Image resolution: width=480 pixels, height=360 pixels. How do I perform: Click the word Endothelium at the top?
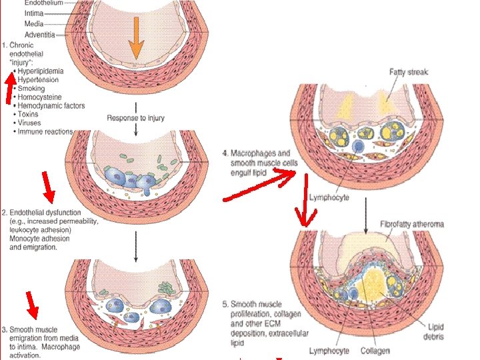click(43, 3)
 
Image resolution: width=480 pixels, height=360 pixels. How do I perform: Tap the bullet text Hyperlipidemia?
click(41, 70)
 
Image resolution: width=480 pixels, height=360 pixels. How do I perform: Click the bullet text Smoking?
click(32, 88)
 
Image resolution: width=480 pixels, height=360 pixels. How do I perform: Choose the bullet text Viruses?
click(29, 123)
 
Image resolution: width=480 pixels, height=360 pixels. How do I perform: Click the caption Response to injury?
click(135, 119)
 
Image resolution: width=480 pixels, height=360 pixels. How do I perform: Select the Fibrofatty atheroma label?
click(411, 224)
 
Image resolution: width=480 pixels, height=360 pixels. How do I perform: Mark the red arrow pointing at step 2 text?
click(47, 187)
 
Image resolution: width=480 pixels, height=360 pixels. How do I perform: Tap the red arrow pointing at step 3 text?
click(31, 305)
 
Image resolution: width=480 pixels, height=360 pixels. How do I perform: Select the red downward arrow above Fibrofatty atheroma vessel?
click(306, 200)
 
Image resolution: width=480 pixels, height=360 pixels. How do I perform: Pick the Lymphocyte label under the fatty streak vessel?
click(329, 197)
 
